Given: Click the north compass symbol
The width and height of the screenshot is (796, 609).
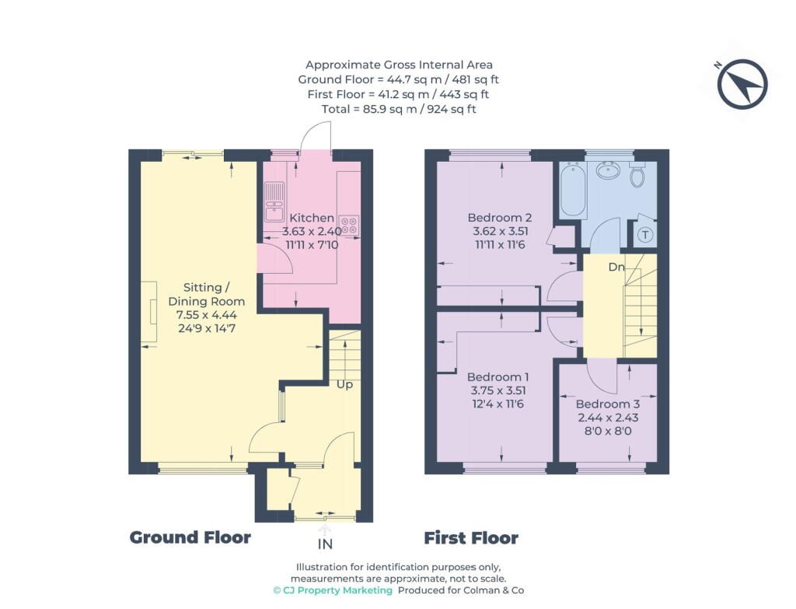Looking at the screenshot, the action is [x=742, y=84].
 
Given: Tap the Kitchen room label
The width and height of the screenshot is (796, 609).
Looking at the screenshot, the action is [x=312, y=218].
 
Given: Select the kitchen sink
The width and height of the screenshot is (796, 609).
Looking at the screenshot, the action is [x=274, y=201].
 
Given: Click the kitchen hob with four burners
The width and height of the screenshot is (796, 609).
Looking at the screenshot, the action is [x=349, y=225].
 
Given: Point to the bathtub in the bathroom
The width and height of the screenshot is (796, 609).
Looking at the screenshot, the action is [x=573, y=190].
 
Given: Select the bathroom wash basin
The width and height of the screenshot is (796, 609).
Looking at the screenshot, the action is [x=607, y=170].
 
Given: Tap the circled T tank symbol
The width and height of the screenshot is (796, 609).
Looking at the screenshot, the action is [x=645, y=235].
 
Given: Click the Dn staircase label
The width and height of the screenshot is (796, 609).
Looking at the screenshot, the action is [x=616, y=267].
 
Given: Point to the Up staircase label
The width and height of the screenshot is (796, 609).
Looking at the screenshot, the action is [x=344, y=385].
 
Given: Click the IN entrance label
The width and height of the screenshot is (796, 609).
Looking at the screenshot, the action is [x=325, y=544].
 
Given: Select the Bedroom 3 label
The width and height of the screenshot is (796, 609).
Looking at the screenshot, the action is [x=608, y=404].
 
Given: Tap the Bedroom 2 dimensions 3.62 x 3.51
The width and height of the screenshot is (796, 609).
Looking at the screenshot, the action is [x=501, y=231].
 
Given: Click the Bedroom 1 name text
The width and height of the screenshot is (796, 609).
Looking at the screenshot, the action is [x=498, y=377].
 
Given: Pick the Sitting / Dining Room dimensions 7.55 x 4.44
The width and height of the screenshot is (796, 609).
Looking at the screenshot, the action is [x=207, y=315].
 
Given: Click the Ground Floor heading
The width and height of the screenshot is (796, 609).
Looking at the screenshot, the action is [x=190, y=537].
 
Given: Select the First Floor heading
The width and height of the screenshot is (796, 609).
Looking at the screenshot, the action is [x=471, y=538].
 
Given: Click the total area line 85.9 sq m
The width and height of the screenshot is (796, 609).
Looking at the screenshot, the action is [x=399, y=109].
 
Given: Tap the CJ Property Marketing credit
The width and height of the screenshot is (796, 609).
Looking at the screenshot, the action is [x=333, y=590].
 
